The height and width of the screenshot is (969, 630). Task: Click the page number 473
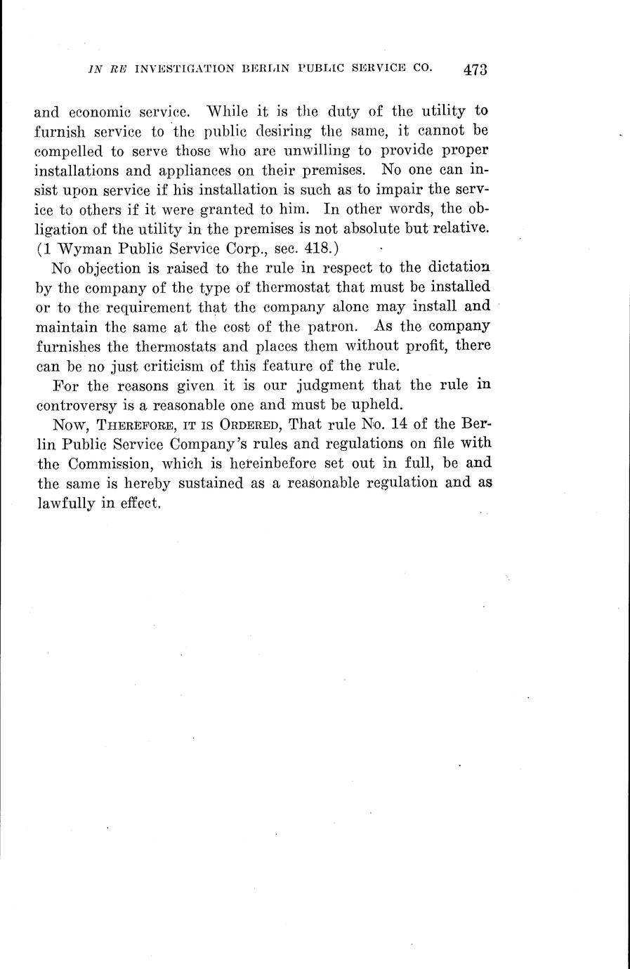coord(475,70)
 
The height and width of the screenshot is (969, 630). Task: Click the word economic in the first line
coord(96,111)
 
